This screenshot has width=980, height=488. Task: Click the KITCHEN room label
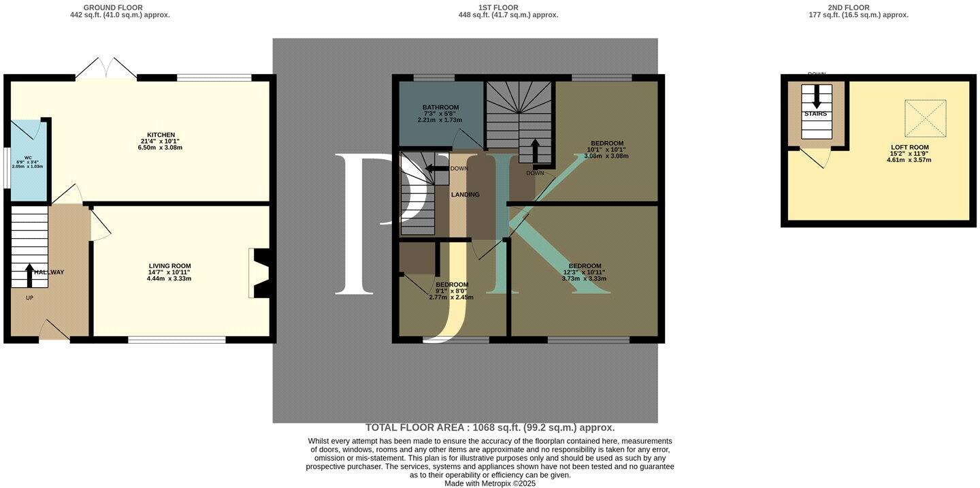click(161, 135)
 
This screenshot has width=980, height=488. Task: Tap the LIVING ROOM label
click(169, 266)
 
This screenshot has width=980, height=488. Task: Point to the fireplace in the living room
click(261, 273)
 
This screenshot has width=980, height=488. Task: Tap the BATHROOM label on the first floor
click(440, 108)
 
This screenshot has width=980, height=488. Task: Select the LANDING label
click(465, 195)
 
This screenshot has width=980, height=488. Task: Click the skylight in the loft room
click(925, 118)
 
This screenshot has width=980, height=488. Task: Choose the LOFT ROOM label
click(910, 147)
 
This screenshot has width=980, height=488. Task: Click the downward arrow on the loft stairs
click(816, 97)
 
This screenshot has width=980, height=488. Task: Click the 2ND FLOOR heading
click(848, 7)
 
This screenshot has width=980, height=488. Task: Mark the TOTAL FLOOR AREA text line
click(490, 427)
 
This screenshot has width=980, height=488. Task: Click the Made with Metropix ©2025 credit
click(490, 483)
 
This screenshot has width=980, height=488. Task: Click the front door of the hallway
click(54, 331)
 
